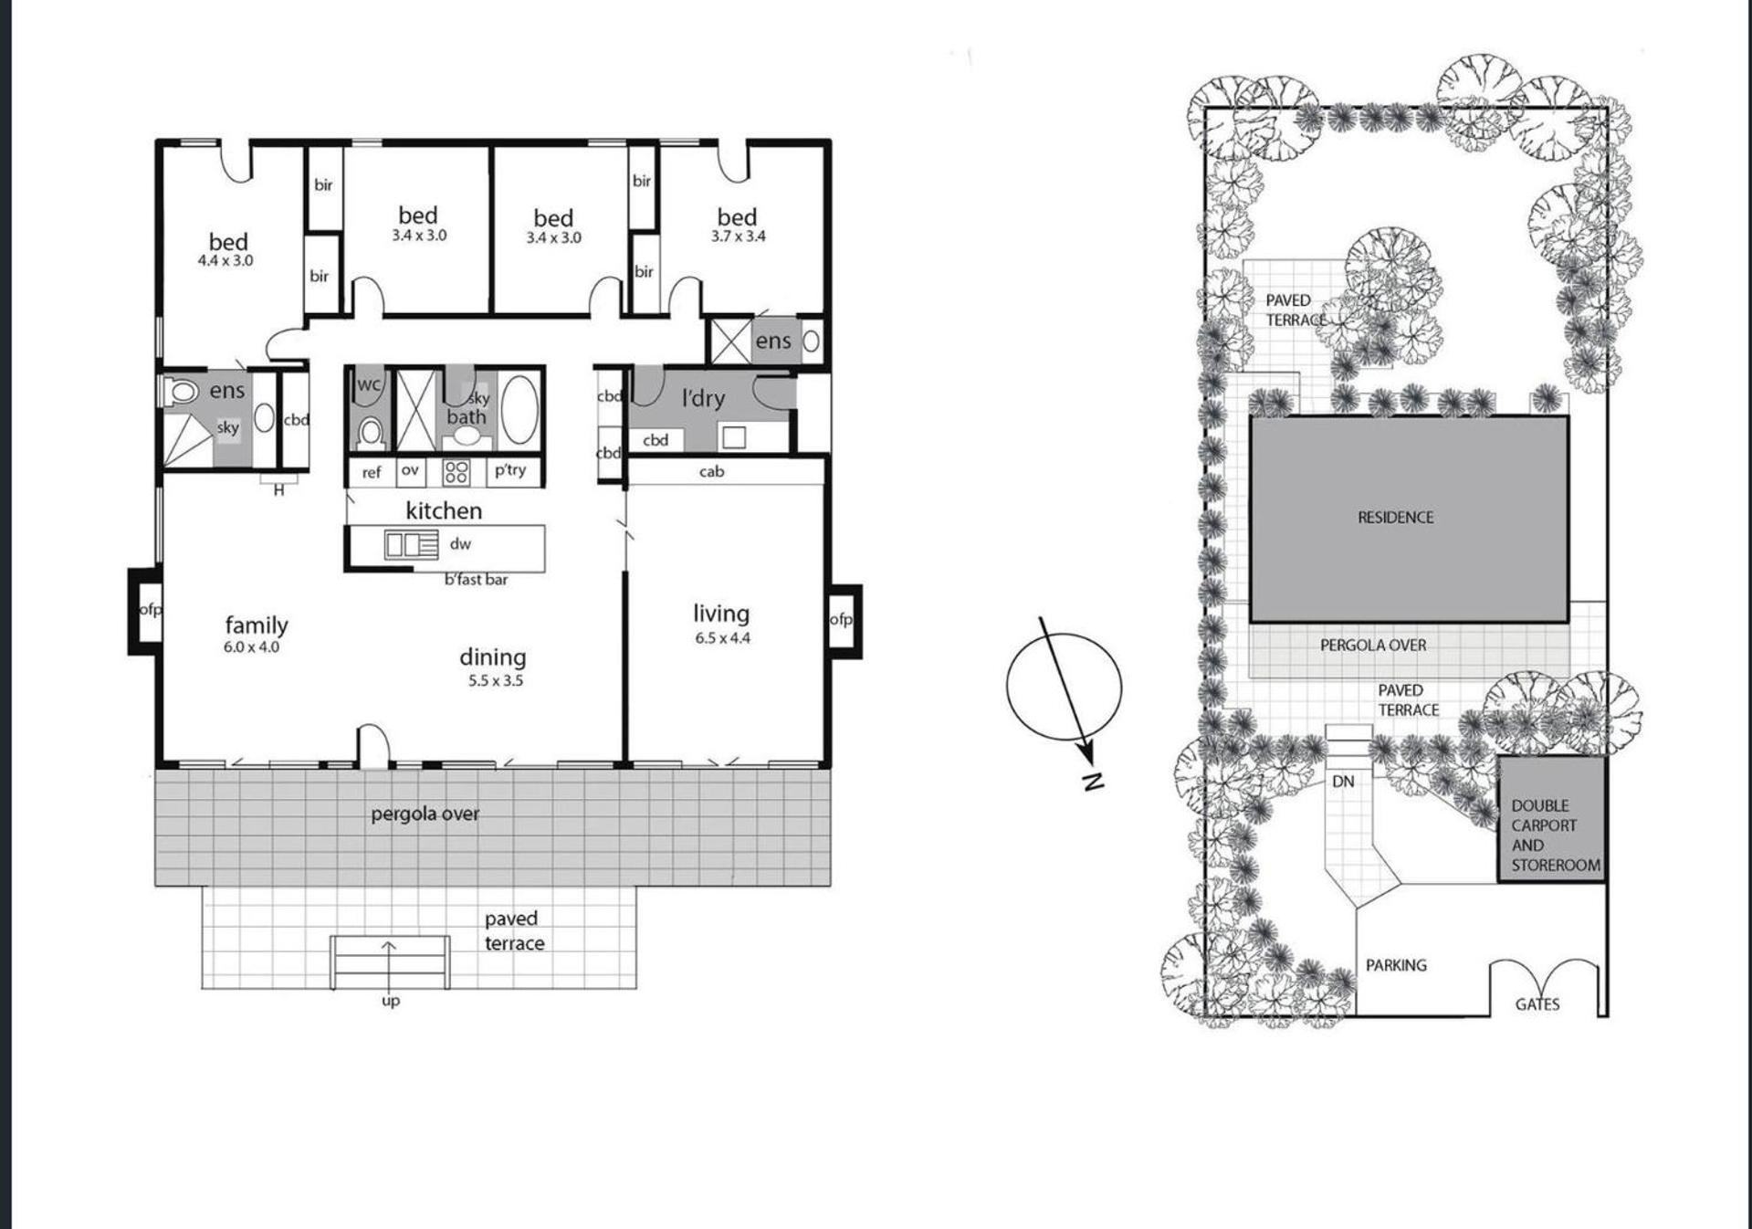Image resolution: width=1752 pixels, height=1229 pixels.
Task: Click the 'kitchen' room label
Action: pyautogui.click(x=444, y=510)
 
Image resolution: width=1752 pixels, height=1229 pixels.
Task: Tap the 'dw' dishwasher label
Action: pyautogui.click(x=460, y=544)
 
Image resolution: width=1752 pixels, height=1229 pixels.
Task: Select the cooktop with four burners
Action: pyautogui.click(x=456, y=472)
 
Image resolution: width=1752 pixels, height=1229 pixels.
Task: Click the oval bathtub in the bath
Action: pyautogui.click(x=519, y=411)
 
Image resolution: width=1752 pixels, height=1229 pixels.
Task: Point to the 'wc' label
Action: pyautogui.click(x=368, y=384)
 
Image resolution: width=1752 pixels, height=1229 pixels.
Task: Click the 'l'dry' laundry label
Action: pyautogui.click(x=703, y=398)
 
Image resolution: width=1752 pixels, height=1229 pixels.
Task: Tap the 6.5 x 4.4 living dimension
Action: pyautogui.click(x=722, y=638)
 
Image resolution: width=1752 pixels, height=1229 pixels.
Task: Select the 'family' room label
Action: pyautogui.click(x=257, y=625)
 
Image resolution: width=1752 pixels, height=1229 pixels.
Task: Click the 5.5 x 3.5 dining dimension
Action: pyautogui.click(x=496, y=680)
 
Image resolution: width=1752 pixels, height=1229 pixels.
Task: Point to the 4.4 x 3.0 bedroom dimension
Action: pyautogui.click(x=226, y=260)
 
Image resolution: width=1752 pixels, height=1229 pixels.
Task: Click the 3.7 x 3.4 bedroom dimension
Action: pyautogui.click(x=739, y=236)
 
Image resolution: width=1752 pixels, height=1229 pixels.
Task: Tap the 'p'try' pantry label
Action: pyautogui.click(x=510, y=470)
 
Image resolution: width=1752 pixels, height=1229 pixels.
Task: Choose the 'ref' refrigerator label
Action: pyautogui.click(x=372, y=473)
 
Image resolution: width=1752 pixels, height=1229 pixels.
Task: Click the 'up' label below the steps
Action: pyautogui.click(x=391, y=1002)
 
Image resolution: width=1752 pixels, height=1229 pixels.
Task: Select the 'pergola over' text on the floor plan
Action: pyautogui.click(x=425, y=814)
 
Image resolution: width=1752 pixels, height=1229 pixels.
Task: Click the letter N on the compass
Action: pyautogui.click(x=1093, y=781)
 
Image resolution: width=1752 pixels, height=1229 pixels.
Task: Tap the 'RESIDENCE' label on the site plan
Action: pyautogui.click(x=1395, y=518)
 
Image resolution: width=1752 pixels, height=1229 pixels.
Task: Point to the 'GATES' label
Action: pyautogui.click(x=1537, y=1004)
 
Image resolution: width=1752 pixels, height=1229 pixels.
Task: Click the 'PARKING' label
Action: pyautogui.click(x=1396, y=965)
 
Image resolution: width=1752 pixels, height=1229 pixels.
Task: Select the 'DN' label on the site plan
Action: pyautogui.click(x=1343, y=782)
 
